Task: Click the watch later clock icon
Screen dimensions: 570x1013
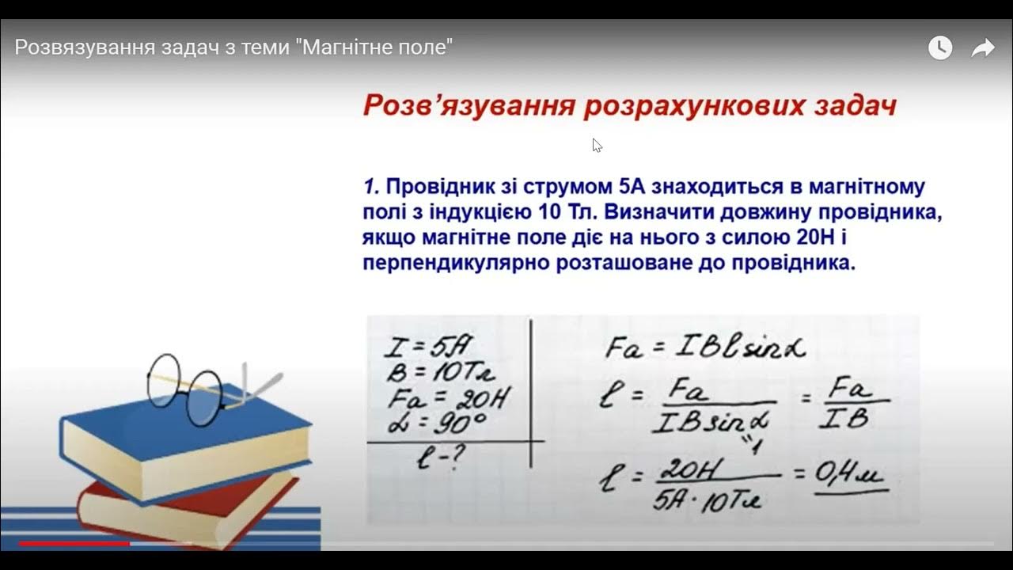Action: tap(939, 48)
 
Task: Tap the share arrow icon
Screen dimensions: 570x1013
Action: tap(982, 48)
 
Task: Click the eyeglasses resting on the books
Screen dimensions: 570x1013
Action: tap(198, 388)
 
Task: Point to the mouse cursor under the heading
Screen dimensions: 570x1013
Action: tap(596, 144)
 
